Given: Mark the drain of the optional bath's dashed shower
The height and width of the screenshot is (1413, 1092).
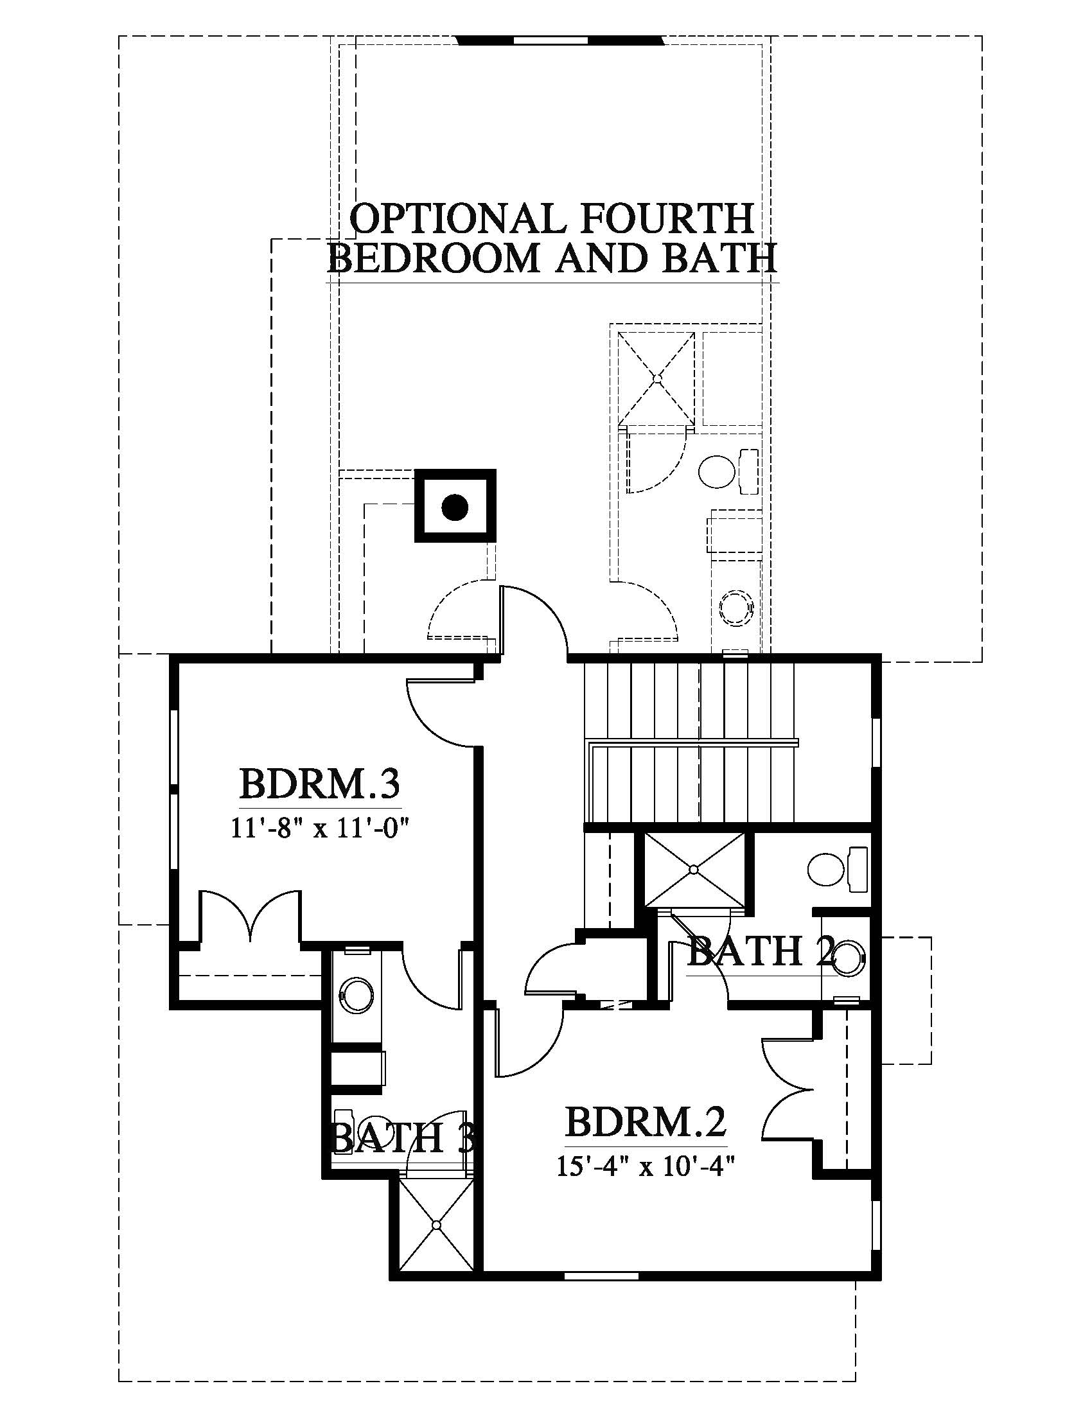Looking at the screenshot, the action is [x=656, y=379].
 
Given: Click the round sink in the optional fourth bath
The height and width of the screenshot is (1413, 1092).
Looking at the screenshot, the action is [x=736, y=608].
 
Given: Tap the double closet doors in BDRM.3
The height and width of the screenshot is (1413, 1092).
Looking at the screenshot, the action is [x=250, y=915].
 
